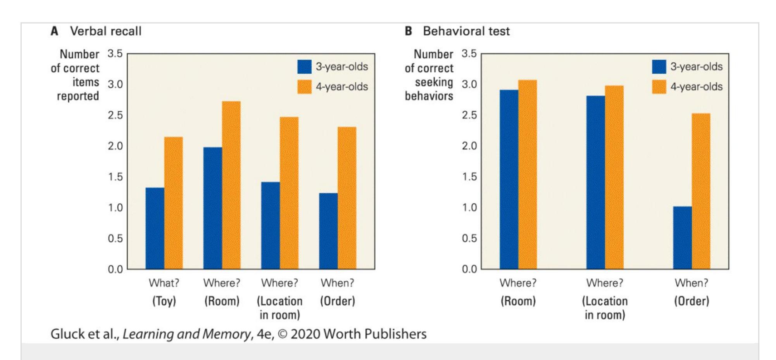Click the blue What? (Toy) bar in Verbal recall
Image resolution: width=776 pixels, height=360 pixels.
[155, 228]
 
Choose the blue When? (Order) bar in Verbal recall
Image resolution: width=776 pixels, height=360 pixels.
[328, 231]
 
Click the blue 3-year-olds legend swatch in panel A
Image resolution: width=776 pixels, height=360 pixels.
[304, 67]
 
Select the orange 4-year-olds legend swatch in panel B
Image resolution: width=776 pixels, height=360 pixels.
[659, 87]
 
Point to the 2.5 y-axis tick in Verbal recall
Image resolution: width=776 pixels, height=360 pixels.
[115, 115]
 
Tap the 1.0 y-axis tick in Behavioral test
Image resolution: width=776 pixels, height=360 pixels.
[469, 208]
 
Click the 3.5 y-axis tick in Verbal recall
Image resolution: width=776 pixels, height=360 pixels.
[115, 53]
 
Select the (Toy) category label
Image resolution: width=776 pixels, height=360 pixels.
[164, 301]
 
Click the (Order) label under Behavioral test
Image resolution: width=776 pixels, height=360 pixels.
[692, 301]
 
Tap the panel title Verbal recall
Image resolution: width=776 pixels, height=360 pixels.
[105, 31]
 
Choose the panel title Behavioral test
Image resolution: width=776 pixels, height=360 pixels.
[466, 31]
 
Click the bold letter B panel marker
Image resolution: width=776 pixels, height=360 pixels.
[408, 31]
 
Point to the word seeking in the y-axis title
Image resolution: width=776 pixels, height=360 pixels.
[434, 82]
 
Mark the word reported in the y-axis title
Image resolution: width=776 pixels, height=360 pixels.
[78, 96]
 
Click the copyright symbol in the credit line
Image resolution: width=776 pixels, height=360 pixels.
[283, 334]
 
